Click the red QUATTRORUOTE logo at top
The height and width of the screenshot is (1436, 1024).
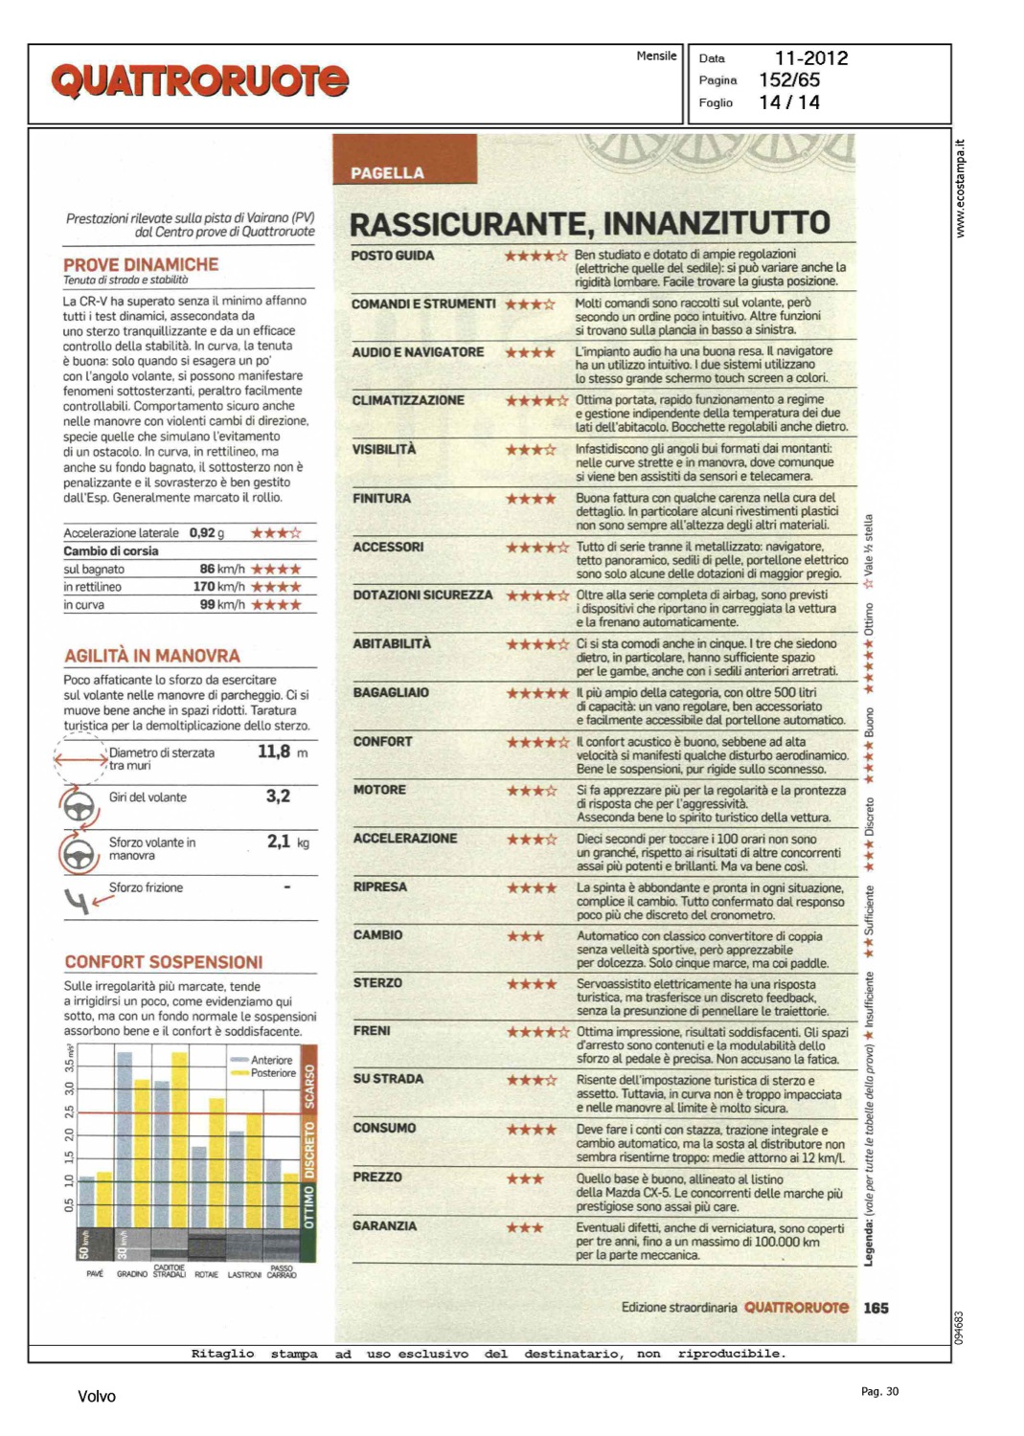tap(200, 81)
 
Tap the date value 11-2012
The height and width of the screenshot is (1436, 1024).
tap(810, 58)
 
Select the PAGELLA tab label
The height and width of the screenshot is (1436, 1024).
tap(387, 173)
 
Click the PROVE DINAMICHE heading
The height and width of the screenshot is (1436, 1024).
tap(141, 264)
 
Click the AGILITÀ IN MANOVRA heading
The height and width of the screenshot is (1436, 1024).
tap(151, 656)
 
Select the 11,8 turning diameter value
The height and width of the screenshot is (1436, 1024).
tap(274, 752)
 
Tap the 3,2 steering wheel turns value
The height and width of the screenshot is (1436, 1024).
tap(278, 796)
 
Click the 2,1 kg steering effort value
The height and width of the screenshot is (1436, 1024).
tap(279, 841)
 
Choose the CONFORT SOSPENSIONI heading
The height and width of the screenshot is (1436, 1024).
tap(163, 962)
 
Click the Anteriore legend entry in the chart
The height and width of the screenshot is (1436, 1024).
tap(270, 1060)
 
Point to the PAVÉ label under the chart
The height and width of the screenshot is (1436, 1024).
tap(95, 1274)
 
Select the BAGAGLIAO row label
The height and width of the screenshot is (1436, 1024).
tap(391, 692)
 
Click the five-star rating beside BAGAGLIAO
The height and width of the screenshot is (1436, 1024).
tap(537, 693)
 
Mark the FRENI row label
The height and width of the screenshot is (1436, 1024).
tap(372, 1030)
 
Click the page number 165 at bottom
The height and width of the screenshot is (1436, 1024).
tap(876, 1308)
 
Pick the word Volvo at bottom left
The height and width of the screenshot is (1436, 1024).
tap(96, 1397)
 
